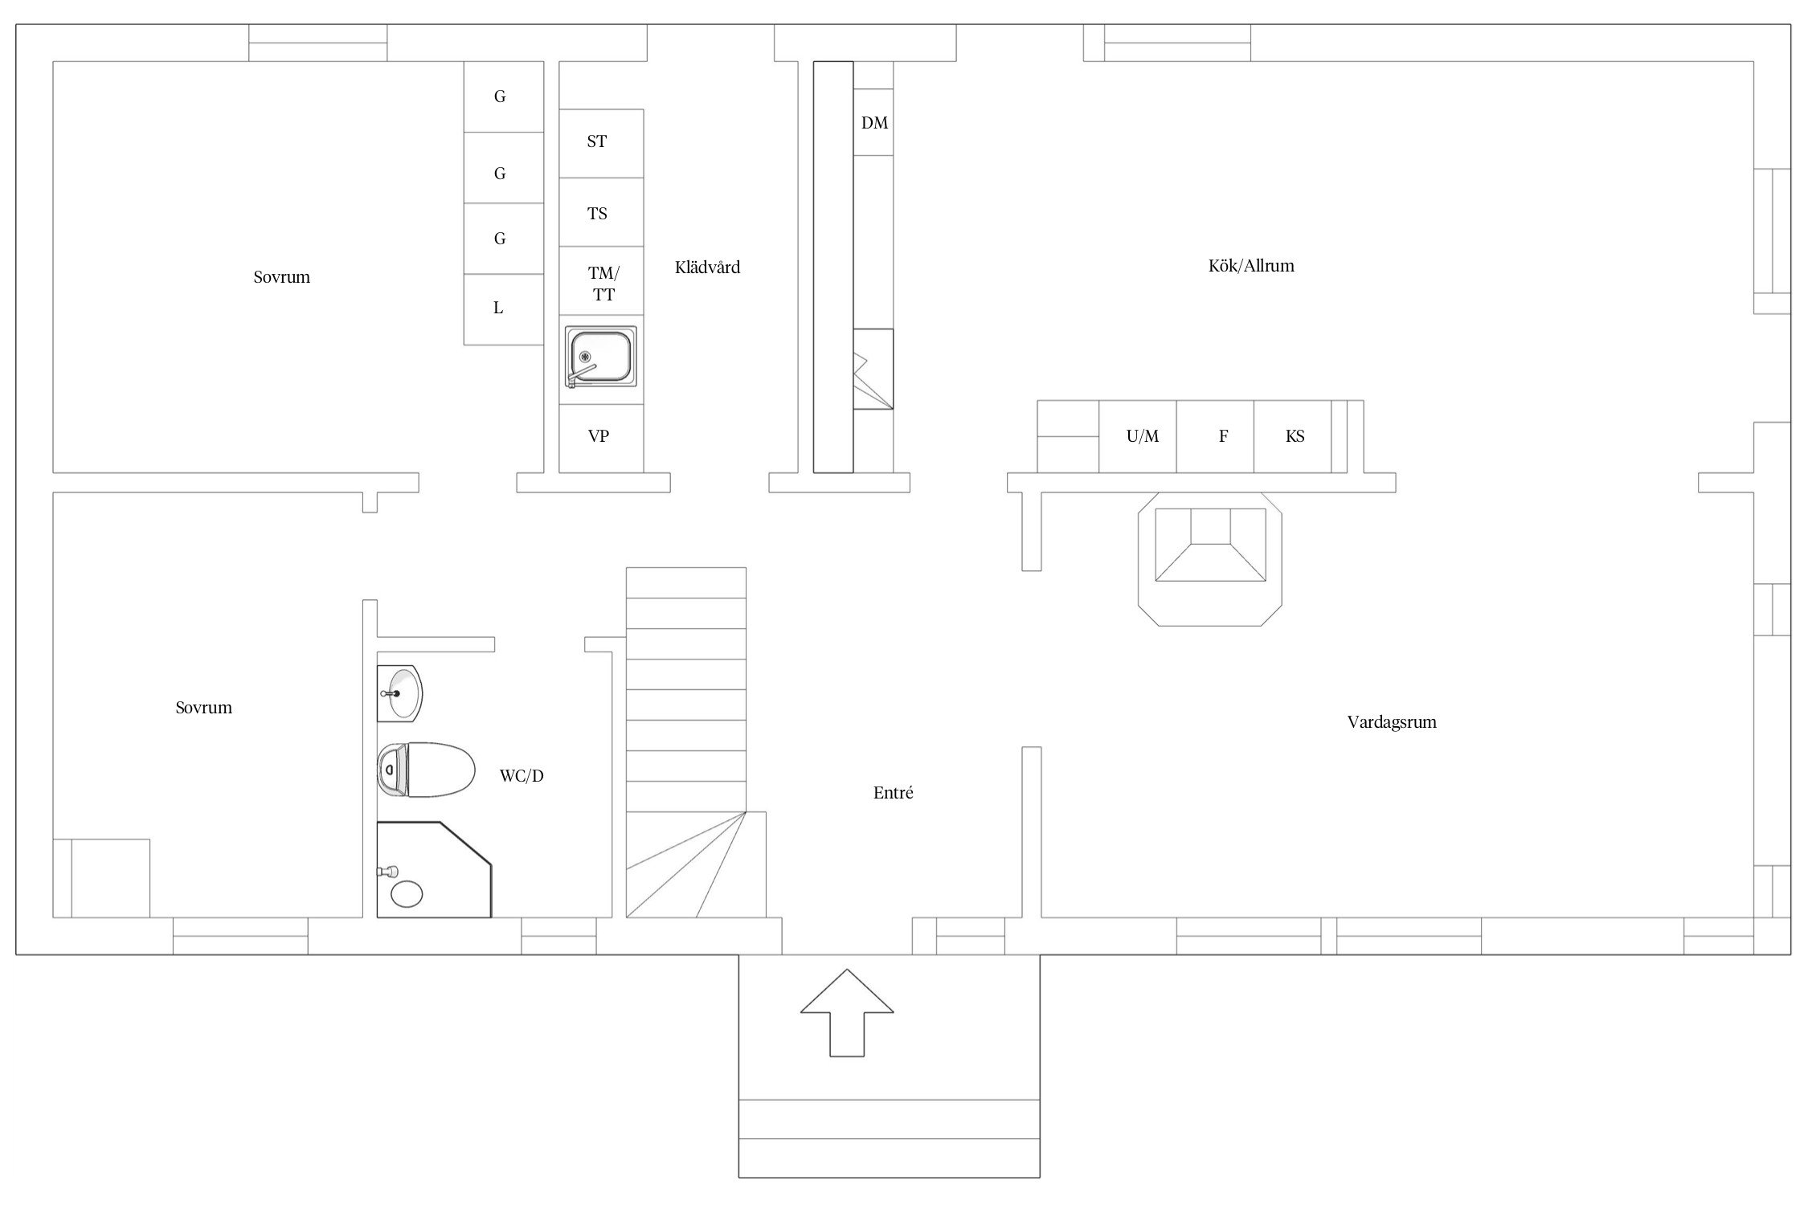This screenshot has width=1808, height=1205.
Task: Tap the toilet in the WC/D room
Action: [426, 770]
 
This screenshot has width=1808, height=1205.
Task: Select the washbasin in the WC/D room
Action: [399, 693]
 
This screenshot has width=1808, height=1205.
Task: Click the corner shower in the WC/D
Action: [434, 869]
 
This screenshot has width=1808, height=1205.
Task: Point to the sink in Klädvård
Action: [600, 358]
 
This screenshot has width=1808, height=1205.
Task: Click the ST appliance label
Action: [597, 142]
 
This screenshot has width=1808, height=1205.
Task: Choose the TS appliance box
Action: [601, 212]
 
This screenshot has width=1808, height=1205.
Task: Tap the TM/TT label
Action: [603, 284]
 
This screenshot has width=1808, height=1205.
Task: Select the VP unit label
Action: [599, 436]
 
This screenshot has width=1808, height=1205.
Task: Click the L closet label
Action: [498, 308]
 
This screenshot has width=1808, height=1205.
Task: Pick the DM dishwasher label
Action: [874, 123]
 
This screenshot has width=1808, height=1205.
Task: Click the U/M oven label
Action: [1143, 436]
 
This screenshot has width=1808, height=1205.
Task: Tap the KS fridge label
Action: [1295, 436]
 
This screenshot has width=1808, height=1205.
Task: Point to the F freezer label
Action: [1223, 436]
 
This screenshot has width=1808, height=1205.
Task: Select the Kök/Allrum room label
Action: [1251, 266]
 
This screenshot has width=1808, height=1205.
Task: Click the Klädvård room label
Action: [707, 268]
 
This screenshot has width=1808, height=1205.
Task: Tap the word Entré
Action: [893, 793]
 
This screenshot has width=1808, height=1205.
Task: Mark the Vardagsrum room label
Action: [1392, 722]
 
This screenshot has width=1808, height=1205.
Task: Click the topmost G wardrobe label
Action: [500, 96]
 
